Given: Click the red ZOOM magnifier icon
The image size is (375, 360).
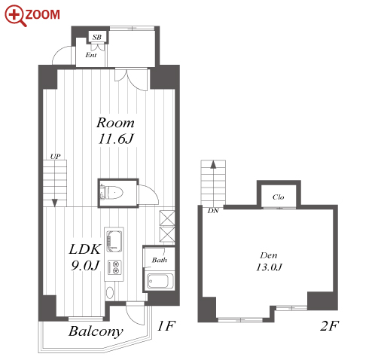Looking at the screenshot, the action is (x=15, y=15).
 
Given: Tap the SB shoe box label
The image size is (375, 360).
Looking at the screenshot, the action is (x=96, y=37).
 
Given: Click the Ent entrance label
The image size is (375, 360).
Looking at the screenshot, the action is (x=90, y=55).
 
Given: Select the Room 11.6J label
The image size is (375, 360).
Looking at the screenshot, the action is (x=116, y=130).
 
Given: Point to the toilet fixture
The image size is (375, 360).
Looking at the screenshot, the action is (x=112, y=193).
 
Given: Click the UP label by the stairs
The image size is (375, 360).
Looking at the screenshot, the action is (x=55, y=157).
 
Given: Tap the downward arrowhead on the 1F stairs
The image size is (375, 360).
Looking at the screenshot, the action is (x=54, y=203).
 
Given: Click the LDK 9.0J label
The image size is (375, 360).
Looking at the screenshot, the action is (x=85, y=257).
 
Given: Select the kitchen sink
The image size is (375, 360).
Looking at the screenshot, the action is (x=114, y=241).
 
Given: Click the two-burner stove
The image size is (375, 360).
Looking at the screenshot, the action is (x=114, y=267).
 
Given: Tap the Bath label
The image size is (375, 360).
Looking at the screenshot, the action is (x=160, y=260).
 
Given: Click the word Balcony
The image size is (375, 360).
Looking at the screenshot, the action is (x=96, y=331).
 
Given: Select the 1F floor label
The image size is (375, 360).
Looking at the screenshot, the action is (x=166, y=326).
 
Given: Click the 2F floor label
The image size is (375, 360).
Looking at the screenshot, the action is (x=329, y=326).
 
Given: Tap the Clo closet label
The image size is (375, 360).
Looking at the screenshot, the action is (x=279, y=197).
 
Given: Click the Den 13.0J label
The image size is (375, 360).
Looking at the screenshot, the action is (x=269, y=261).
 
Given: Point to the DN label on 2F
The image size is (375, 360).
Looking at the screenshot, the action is (x=213, y=211).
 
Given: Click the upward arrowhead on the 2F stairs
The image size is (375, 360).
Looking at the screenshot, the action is (x=213, y=165).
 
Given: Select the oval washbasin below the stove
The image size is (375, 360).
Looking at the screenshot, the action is (x=110, y=293).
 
